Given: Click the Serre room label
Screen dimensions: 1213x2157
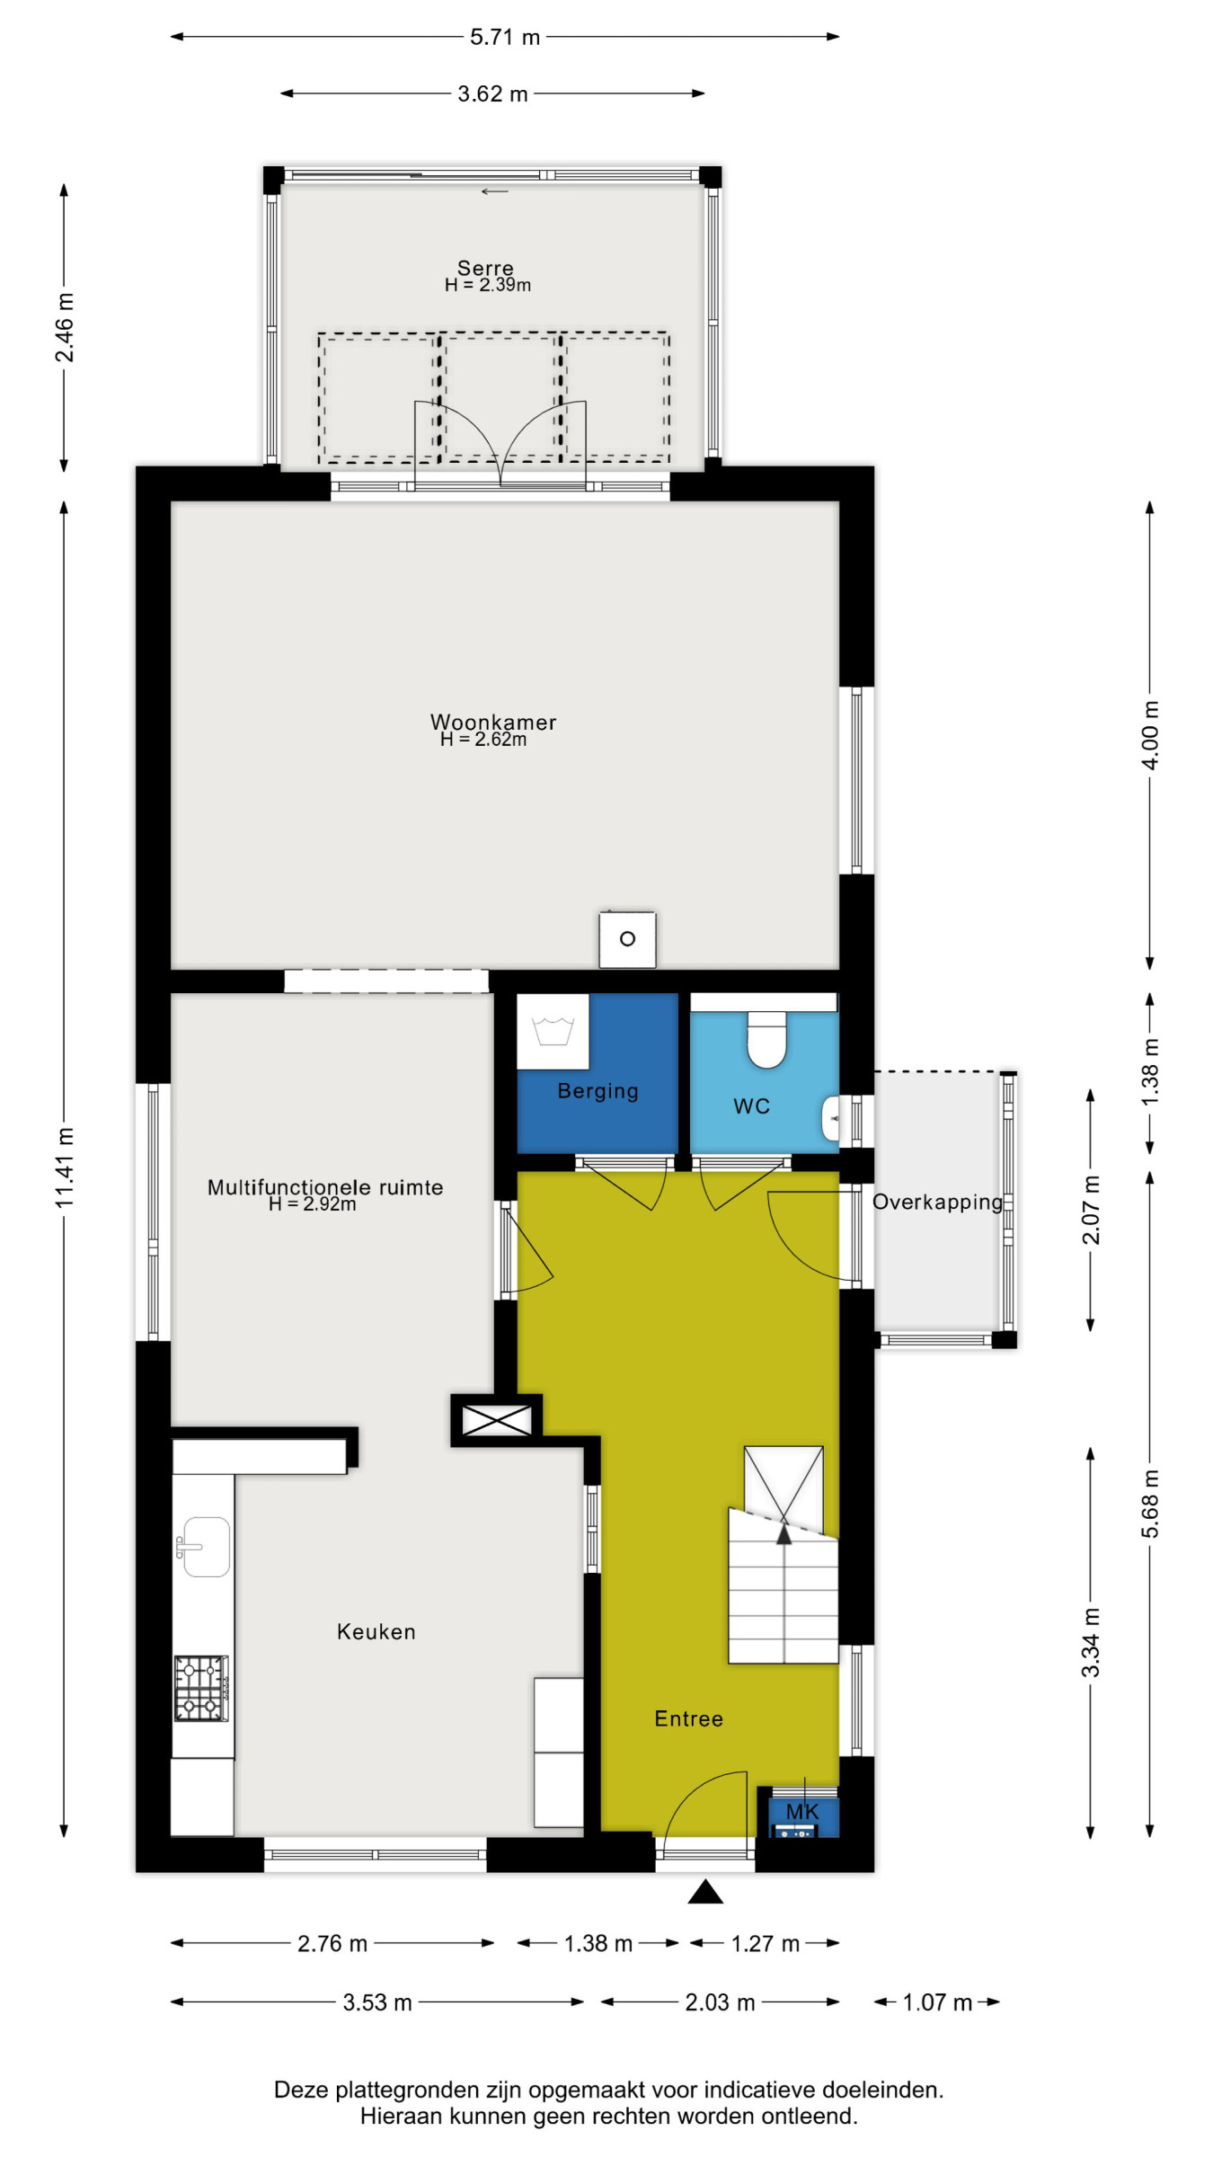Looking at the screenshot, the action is [485, 268].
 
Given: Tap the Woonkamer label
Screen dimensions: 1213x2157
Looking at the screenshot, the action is [493, 722].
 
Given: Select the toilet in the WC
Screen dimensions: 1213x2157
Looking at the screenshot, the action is [766, 1039].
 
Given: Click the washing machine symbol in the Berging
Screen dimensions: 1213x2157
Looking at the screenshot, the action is [553, 1031].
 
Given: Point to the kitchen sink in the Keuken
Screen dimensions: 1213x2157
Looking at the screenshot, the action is [205, 1547].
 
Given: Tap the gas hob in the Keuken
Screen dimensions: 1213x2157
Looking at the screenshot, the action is [201, 1689].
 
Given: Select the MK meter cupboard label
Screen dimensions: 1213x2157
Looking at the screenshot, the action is [802, 1812].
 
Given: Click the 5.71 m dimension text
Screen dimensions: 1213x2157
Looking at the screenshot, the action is [505, 37].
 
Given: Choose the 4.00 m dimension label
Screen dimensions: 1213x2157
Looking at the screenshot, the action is [1150, 735].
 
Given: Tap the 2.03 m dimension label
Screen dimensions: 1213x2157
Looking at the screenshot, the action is [720, 2002].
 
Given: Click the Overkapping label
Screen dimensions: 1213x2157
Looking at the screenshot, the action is [938, 1203].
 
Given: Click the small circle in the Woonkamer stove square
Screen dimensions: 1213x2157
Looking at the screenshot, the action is [627, 939].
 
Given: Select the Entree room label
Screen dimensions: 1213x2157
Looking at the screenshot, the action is [688, 1718].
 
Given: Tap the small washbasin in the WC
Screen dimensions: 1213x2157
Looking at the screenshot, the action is [830, 1119].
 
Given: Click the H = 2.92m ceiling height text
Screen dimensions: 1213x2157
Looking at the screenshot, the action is [313, 1204].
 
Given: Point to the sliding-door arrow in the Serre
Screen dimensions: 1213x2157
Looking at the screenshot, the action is [495, 191].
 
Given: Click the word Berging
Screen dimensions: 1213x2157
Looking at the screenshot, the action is [598, 1091].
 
